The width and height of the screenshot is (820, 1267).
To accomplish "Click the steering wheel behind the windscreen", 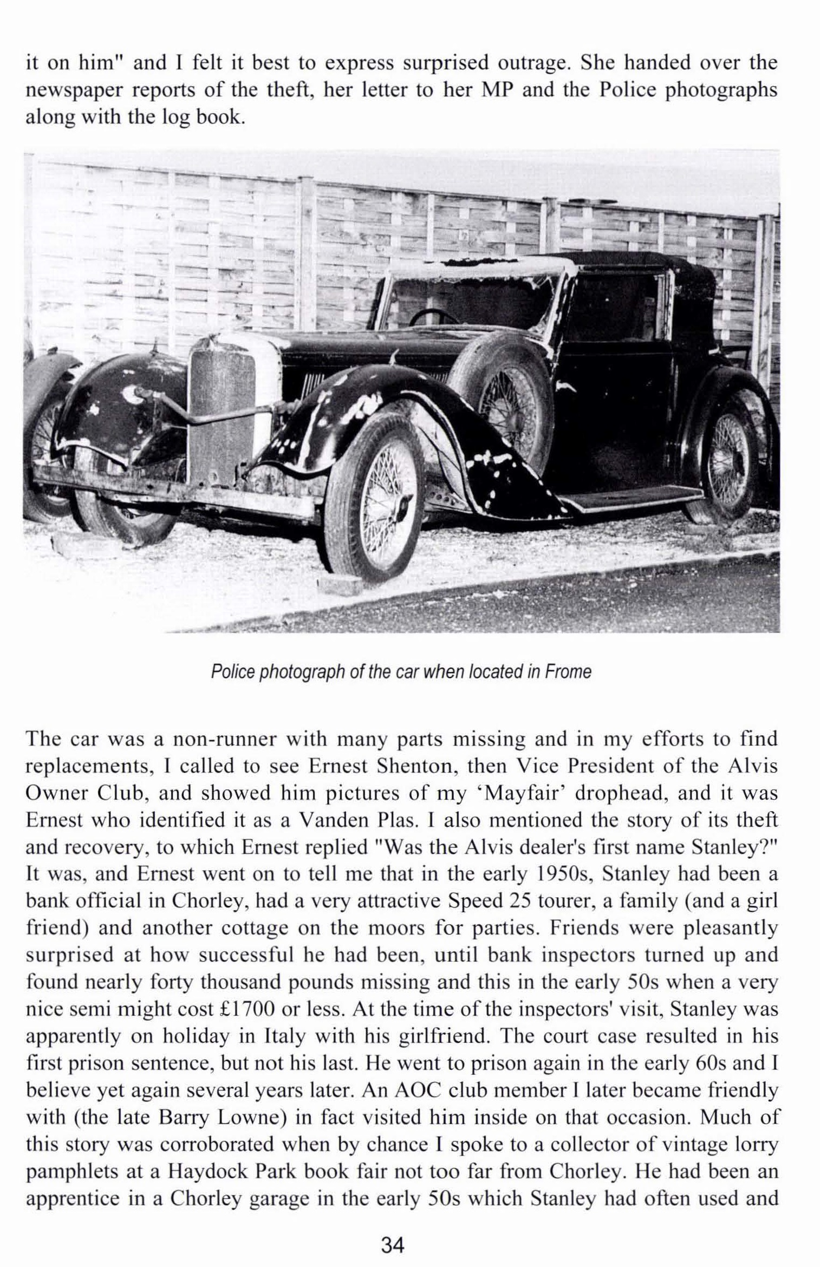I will click(x=433, y=316).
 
